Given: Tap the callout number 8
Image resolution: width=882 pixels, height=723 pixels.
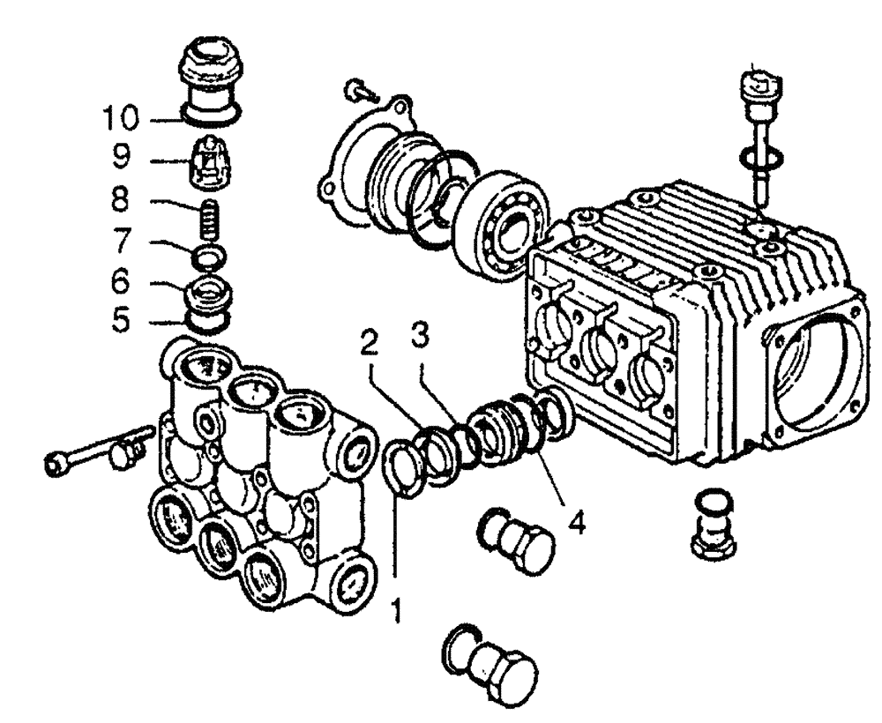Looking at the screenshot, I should tap(122, 199).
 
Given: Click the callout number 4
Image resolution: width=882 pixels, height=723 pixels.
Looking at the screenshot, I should tap(575, 523).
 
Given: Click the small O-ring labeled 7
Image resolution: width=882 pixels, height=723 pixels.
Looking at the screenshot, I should tap(210, 257).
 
